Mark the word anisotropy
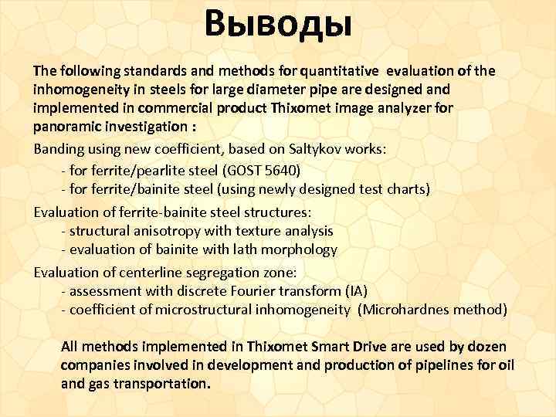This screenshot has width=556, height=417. click(161, 230)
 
